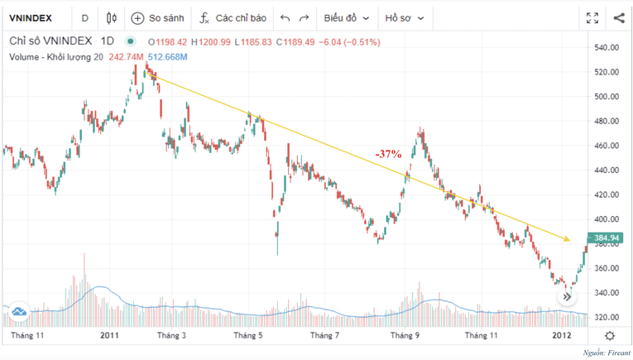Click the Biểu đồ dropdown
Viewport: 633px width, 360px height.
346,17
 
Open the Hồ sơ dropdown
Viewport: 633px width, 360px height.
405,17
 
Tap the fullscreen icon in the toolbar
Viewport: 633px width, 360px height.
592,17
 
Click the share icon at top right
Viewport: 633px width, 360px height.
618,17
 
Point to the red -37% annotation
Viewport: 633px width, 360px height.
387,154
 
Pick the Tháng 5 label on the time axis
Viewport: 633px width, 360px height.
248,336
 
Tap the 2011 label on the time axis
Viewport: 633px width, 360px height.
109,336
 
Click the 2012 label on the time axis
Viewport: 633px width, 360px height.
562,336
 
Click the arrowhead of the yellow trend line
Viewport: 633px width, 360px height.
567,239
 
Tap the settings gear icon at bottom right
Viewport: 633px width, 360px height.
610,336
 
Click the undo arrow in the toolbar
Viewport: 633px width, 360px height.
285,17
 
